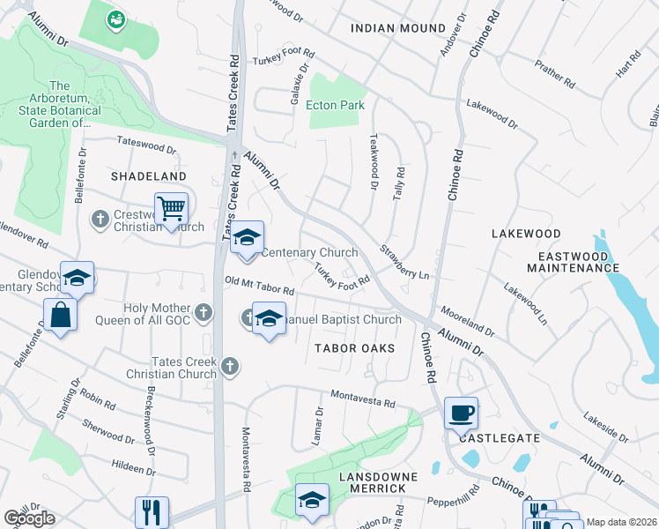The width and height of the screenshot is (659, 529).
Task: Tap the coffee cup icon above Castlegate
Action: point(463,412)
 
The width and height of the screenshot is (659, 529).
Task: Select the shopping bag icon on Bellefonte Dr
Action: point(60,315)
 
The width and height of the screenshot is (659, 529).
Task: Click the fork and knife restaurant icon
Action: point(152,511)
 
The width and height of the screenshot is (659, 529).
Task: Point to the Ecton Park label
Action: point(335,105)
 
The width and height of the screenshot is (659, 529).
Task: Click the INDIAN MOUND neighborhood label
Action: point(398,28)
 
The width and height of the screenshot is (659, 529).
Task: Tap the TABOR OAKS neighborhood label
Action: point(354,348)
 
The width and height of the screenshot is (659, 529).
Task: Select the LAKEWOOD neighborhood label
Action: point(525,234)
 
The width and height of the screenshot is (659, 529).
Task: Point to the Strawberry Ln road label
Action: point(404,262)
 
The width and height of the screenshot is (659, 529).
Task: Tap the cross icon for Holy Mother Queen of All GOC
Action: point(204,311)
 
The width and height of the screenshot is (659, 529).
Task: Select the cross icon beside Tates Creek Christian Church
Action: point(230,366)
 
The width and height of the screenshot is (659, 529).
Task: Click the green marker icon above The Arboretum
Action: point(115,18)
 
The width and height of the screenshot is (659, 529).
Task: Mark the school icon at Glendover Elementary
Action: point(78,277)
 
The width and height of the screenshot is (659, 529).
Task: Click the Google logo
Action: point(29,518)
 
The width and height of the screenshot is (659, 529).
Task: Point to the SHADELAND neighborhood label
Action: point(149,176)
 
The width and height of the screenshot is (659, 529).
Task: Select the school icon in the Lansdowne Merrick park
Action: point(312,500)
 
